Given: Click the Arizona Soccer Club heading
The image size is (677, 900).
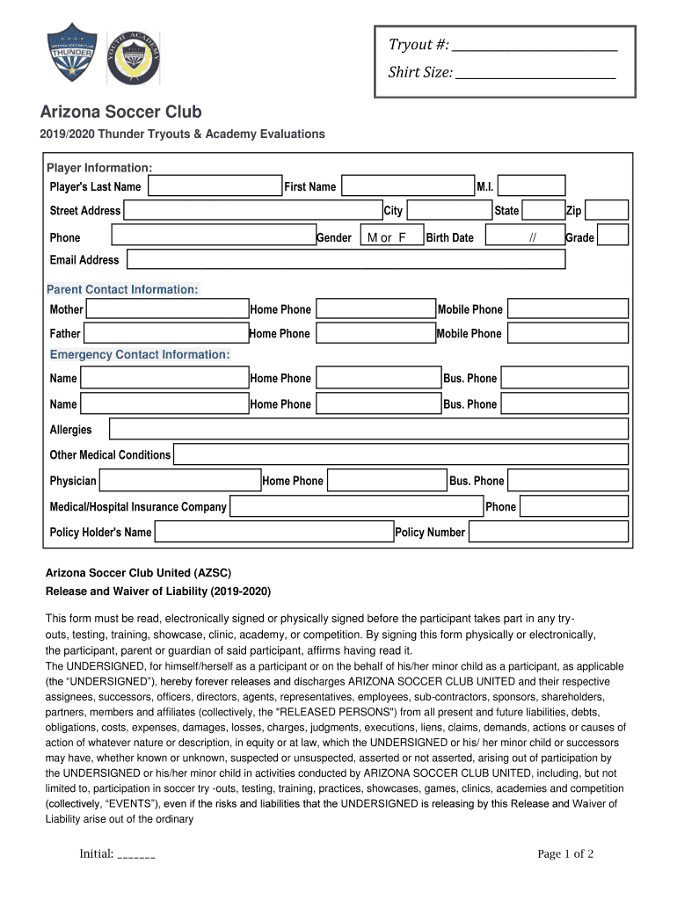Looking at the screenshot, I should tap(121, 112).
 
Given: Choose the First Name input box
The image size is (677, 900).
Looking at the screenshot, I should tap(407, 186).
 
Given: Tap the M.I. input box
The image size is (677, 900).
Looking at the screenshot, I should tap(532, 186).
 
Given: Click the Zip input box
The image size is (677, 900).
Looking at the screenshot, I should tap(607, 210).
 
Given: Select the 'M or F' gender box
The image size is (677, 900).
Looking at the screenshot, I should tap(387, 236).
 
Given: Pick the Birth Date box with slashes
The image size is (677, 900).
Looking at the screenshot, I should tap(525, 236).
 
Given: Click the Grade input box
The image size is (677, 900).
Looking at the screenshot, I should tap(613, 236).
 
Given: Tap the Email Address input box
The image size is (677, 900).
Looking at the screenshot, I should tap(346, 259).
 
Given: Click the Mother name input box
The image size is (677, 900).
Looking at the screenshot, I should tap(167, 308).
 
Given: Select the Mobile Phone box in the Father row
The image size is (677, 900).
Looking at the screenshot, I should tap(568, 333).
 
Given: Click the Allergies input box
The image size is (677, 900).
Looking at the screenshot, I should tap(368, 429).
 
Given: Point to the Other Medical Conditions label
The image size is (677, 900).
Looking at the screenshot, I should tap(110, 454).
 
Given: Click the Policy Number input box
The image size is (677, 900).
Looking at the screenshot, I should tap(549, 532).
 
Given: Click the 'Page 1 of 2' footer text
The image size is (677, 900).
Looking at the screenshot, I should tap(565, 854).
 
